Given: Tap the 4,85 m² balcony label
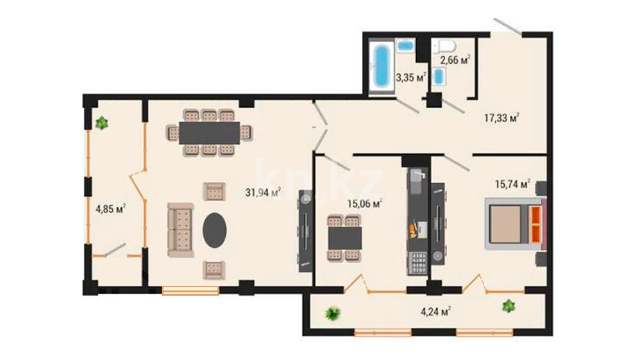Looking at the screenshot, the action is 111,209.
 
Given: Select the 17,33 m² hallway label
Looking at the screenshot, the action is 502,118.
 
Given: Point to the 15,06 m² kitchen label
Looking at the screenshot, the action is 365,203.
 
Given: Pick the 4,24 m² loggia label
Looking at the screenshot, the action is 436,312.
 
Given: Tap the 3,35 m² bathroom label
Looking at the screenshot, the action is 411,78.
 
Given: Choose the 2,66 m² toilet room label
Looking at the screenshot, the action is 455,60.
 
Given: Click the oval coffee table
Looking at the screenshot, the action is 215,230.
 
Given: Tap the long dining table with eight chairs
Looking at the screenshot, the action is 209,133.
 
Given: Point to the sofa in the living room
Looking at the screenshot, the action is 180,230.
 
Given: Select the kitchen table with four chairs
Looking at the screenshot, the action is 345,238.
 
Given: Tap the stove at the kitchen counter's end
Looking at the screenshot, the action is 417,263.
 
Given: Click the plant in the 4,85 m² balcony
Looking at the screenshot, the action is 101,123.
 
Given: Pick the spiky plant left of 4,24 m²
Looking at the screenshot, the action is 333,313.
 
